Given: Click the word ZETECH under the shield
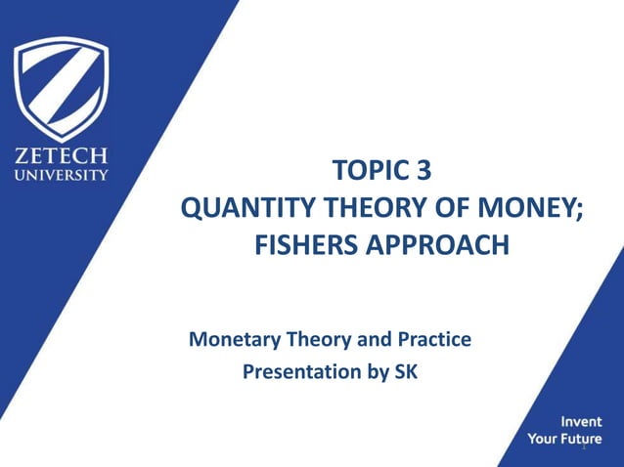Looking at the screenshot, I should (61, 158).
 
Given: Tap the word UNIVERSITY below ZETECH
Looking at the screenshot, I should (61, 176).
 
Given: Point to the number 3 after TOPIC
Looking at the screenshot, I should (423, 171).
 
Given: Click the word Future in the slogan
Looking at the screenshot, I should (583, 439).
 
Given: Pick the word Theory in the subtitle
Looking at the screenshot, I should (319, 340).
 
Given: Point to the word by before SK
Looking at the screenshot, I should (377, 372).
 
